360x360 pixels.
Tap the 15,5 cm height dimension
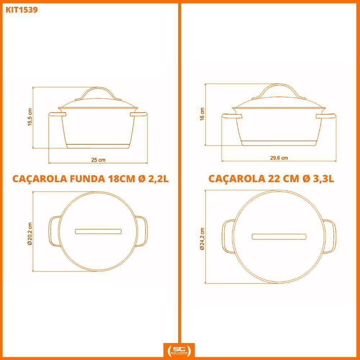30,117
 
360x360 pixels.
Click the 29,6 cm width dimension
279,158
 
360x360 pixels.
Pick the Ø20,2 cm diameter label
30,233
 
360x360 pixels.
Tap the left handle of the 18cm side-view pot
57,114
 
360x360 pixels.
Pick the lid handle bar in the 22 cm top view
279,237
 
